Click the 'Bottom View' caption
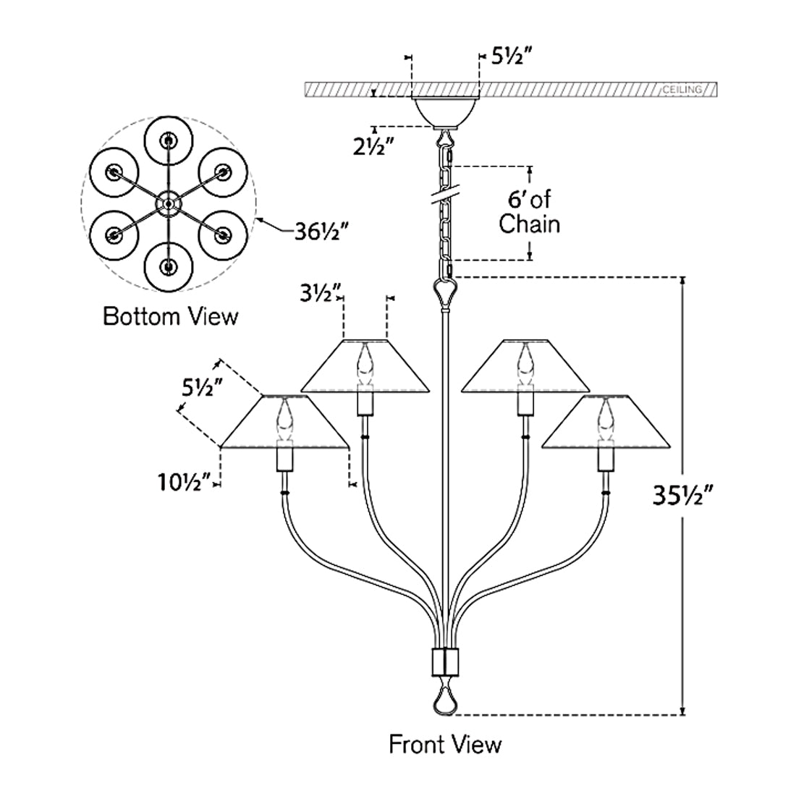170,316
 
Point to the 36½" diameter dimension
323,233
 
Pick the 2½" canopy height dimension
373,146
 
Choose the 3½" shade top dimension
321,294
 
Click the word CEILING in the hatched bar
682,90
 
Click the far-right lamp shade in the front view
604,423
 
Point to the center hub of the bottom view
169,204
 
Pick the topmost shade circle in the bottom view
169,140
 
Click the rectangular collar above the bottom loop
444,661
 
